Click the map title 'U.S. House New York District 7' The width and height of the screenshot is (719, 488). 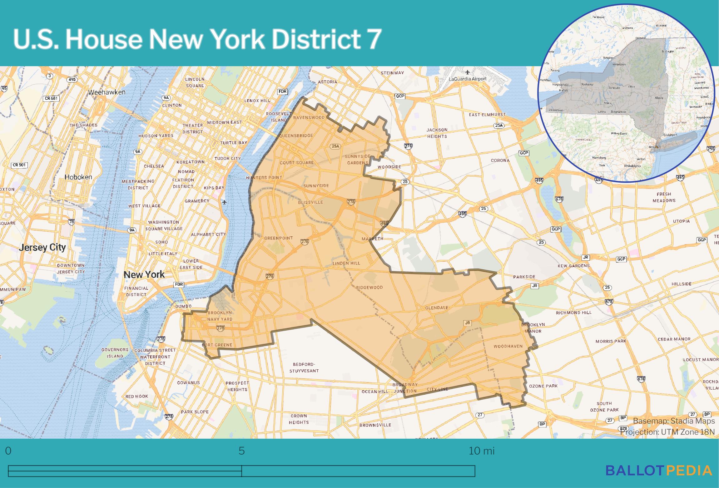pos(197,39)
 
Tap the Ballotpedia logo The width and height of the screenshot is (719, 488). pos(659,470)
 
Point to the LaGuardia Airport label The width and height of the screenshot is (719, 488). pos(467,79)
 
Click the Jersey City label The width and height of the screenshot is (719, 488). pos(42,248)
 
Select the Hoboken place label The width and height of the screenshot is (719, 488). pos(78,177)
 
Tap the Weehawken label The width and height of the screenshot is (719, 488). pos(107,92)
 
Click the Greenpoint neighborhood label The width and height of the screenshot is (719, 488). pos(278,238)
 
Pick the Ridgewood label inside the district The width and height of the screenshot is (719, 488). pos(369,287)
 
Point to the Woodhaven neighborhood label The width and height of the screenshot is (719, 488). pos(508,346)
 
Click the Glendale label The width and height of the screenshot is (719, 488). pos(436,308)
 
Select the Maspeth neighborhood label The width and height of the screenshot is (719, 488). pos(372,239)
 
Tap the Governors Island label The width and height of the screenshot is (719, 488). pos(115,353)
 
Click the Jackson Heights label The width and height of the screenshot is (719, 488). pos(437,133)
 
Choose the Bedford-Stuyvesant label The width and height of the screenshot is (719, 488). pos(304,367)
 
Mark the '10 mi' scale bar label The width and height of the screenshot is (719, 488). pos(481,451)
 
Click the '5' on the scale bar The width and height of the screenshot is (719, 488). pos(241,451)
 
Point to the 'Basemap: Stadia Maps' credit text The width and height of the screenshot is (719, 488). pos(674,421)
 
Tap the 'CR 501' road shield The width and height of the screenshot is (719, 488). pos(19,165)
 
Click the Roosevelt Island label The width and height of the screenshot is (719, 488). pos(279,117)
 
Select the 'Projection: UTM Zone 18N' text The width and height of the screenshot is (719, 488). pos(667,432)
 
